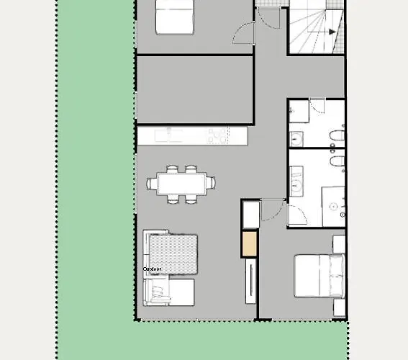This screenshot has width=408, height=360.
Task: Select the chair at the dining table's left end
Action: [x=152, y=184]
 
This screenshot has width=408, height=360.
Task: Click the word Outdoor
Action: [x=152, y=269]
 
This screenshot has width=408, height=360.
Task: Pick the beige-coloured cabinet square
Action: [x=249, y=243]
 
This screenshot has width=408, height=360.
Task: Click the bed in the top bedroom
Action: [x=175, y=17]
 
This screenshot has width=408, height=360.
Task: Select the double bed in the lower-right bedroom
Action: [x=317, y=274]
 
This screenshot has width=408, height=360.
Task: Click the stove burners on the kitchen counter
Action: [x=217, y=135]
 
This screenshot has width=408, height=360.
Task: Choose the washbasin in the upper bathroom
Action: [x=296, y=138]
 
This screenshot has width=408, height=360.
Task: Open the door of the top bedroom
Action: [x=245, y=32]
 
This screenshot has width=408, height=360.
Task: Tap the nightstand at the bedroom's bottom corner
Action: [x=339, y=305]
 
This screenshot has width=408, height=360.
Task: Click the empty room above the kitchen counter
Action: [x=194, y=89]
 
